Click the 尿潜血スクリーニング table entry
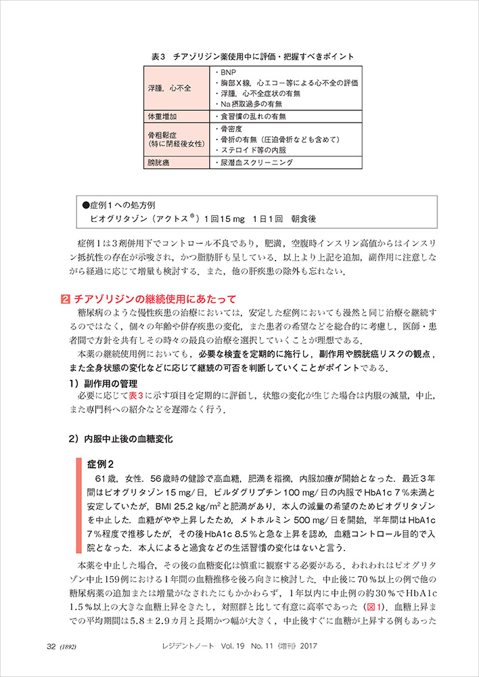pos(254,162)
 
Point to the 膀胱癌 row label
pos(159,162)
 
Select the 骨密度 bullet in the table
pos(227,128)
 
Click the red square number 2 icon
pos(65,298)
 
